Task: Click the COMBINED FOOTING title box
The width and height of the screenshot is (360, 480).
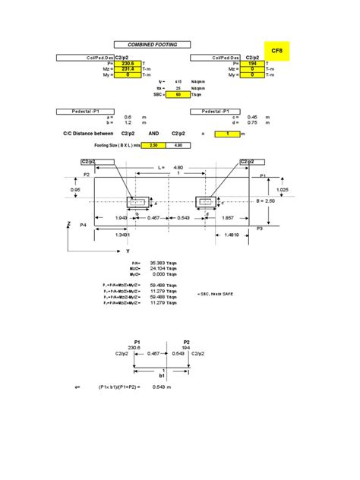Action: [x=152, y=45]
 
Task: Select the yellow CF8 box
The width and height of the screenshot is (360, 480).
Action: [x=277, y=49]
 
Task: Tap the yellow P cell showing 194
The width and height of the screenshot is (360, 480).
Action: [x=251, y=64]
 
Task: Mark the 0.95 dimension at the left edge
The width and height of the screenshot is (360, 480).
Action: [x=75, y=190]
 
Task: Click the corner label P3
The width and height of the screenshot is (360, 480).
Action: [x=259, y=228]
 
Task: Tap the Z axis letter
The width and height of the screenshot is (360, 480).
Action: [x=68, y=224]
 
